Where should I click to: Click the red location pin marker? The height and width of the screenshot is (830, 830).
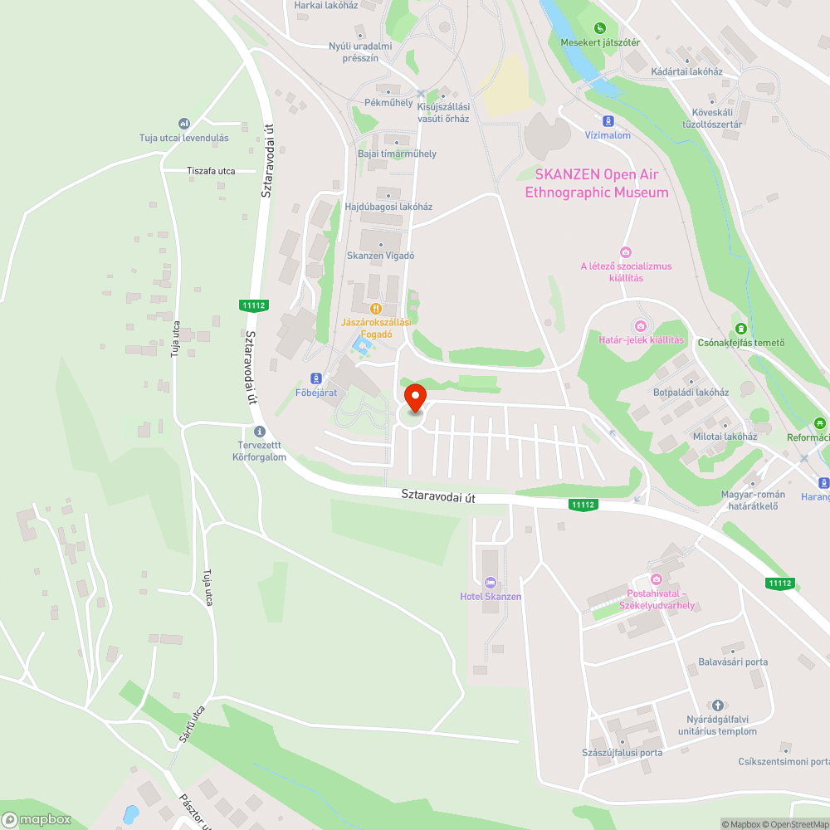[x=414, y=398]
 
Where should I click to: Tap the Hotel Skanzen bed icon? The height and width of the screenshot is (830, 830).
[x=490, y=583]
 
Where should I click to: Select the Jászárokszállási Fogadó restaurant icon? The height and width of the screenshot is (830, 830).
[x=377, y=308]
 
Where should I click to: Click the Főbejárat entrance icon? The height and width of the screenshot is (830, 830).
[x=316, y=378]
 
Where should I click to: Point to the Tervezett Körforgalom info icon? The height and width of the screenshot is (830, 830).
[x=260, y=432]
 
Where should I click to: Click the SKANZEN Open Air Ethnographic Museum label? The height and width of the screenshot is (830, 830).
[x=602, y=183]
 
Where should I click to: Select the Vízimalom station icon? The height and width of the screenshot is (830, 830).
[x=608, y=121]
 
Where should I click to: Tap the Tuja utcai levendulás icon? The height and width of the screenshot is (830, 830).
[x=184, y=124]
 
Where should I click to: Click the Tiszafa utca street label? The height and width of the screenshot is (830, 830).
[x=211, y=171]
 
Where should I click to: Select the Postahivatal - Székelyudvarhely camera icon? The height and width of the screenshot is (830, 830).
[x=656, y=579]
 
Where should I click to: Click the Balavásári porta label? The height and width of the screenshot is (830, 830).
[x=733, y=662]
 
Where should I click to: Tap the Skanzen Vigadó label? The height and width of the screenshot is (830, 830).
[x=380, y=256]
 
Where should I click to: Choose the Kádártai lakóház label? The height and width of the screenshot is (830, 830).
[x=687, y=71]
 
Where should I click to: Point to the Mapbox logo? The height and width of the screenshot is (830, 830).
[x=37, y=819]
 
